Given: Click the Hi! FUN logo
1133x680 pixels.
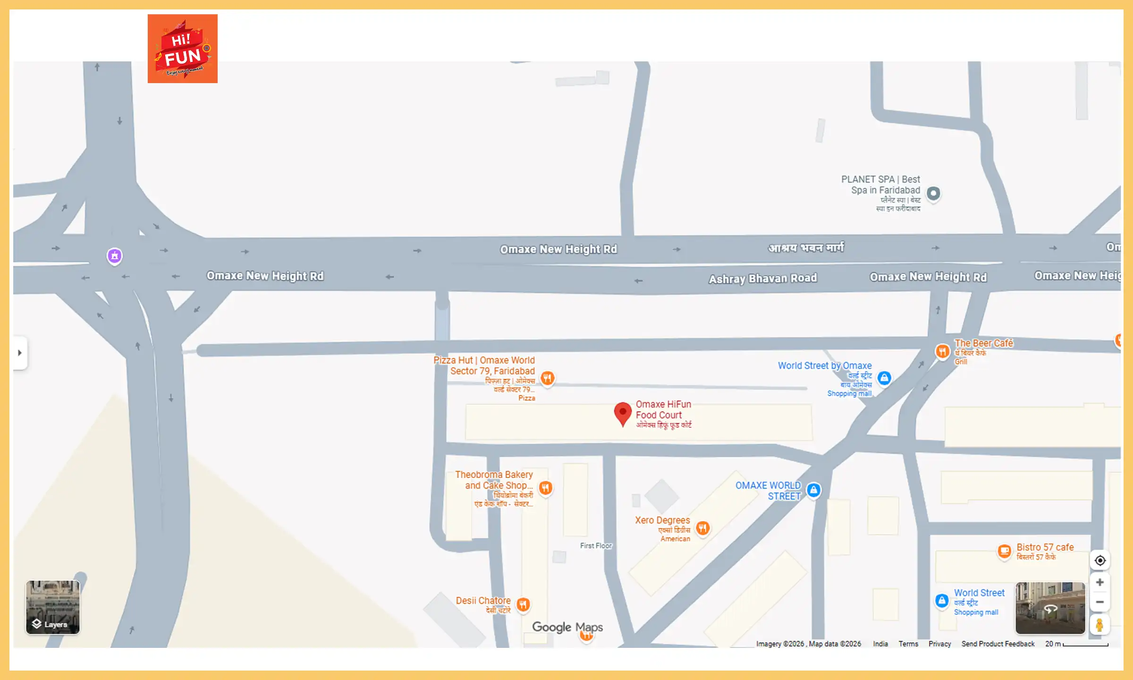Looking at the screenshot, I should (182, 49).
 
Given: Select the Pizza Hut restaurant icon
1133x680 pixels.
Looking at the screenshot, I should (548, 378).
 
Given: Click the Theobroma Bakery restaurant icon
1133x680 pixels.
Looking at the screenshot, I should (546, 487).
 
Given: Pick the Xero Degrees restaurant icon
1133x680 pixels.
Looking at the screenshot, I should (703, 527).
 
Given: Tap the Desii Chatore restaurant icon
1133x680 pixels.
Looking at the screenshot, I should (523, 604).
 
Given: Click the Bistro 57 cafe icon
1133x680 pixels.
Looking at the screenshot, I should (1005, 550).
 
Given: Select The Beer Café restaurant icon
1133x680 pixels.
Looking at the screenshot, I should (942, 351).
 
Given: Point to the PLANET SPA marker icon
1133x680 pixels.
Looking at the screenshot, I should (933, 193).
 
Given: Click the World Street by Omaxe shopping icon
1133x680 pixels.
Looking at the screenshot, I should (884, 378).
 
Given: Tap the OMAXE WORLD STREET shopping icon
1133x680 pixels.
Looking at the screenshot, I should (813, 490).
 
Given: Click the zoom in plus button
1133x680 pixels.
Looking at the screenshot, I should (1099, 582).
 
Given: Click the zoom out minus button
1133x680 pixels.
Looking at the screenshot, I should (1099, 602).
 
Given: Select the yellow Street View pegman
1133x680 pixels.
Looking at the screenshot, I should (1099, 625).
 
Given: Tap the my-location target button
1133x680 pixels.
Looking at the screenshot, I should (1100, 561).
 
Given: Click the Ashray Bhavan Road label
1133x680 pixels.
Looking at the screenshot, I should (762, 279).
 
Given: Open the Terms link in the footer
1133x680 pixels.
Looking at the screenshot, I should (908, 644).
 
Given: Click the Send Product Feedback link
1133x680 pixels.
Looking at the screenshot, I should (998, 644).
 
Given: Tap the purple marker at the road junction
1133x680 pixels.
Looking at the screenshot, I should (115, 256).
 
